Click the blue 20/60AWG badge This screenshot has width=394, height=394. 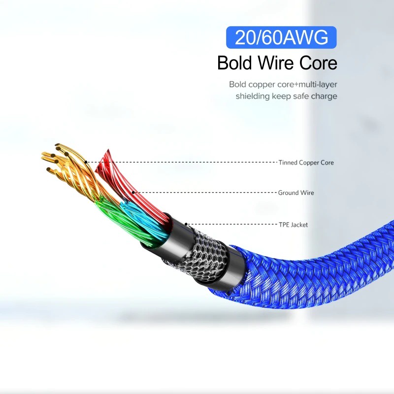pos(281,38)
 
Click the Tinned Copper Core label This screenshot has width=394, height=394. pos(306,163)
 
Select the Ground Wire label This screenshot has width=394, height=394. pos(296,193)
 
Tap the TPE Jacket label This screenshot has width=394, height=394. pos(293,225)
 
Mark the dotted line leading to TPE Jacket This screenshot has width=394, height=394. pos(231,225)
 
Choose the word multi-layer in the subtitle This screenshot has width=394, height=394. pos(316,84)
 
